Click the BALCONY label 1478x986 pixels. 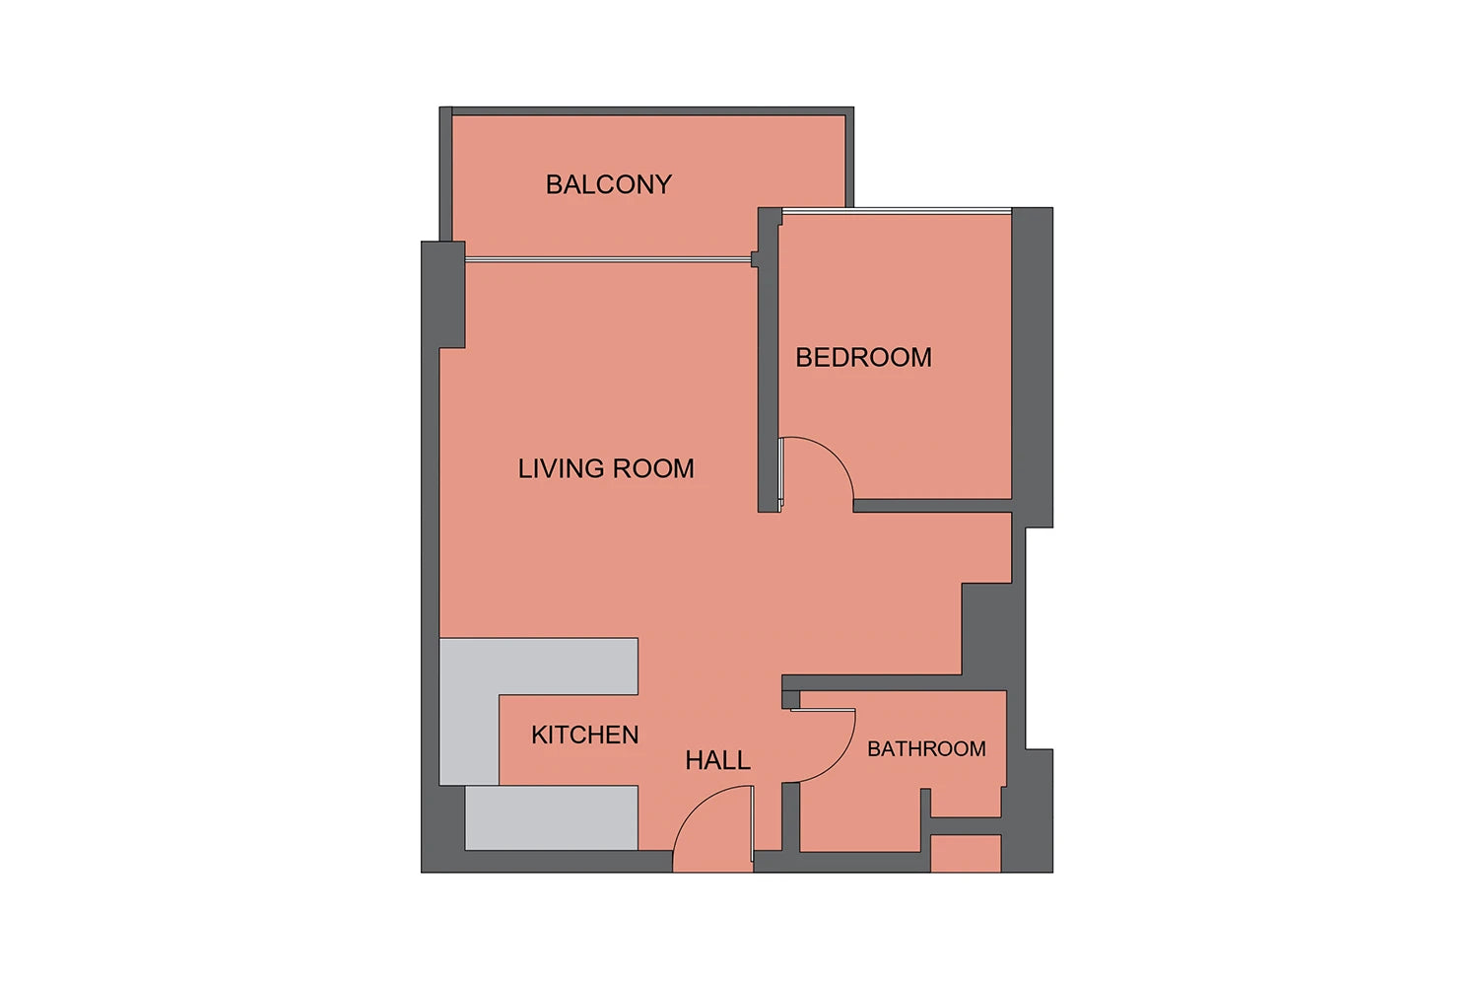click(608, 184)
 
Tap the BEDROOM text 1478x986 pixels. click(863, 357)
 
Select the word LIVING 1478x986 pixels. click(561, 469)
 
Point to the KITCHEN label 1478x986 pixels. click(584, 735)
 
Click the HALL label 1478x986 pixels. click(717, 760)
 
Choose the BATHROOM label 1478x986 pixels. click(926, 749)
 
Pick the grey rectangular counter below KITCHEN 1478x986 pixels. click(552, 817)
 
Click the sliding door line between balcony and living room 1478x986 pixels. click(608, 259)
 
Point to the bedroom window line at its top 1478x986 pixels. click(897, 211)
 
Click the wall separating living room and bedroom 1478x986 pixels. click(768, 370)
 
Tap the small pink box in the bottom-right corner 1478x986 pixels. click(966, 853)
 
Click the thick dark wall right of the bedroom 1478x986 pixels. click(1032, 367)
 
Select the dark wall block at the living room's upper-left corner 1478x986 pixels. click(443, 295)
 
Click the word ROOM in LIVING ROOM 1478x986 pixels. click(653, 469)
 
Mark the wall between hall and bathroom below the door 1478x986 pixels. click(790, 817)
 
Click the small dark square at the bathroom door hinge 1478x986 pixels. click(790, 699)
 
